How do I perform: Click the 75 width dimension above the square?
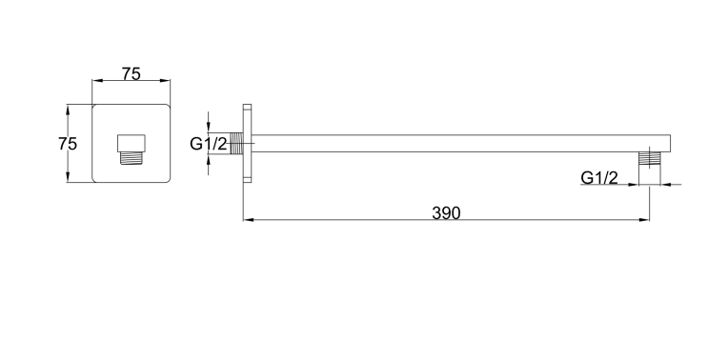pos(131,73)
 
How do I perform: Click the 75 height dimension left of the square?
pos(68,144)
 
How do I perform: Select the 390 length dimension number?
pos(446,213)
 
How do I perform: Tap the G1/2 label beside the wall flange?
pos(208,144)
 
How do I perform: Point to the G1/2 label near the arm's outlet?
pos(599,178)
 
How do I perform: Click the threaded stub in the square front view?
pos(131,157)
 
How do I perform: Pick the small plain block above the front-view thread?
pos(131,143)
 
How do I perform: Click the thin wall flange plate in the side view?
pos(248,143)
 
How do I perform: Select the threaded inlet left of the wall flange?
pos(236,144)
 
